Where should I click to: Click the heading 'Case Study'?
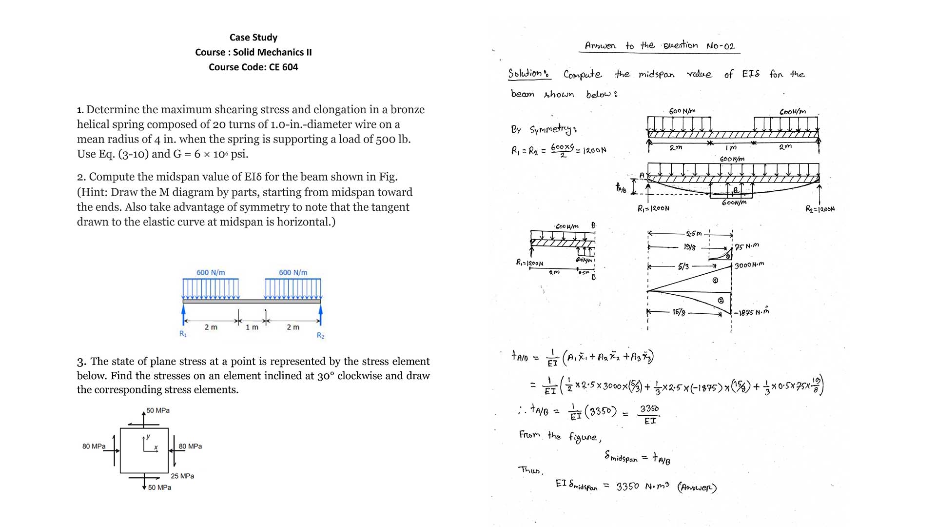(253, 38)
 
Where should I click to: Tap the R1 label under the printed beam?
(183, 334)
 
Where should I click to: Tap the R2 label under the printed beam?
(320, 336)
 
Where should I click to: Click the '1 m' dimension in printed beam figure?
(252, 327)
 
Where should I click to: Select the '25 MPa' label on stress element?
(182, 476)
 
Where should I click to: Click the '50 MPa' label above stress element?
(158, 411)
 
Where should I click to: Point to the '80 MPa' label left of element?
(94, 446)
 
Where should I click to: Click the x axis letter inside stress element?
(156, 447)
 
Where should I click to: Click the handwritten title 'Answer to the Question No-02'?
(660, 46)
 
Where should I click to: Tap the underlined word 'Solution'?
(528, 74)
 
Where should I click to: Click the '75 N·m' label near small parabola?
(747, 246)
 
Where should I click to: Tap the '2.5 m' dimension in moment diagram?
(693, 234)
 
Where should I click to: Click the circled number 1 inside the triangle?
(715, 281)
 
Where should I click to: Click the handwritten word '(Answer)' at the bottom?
(697, 487)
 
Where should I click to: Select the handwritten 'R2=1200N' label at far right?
(820, 209)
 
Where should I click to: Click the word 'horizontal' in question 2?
(304, 223)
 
